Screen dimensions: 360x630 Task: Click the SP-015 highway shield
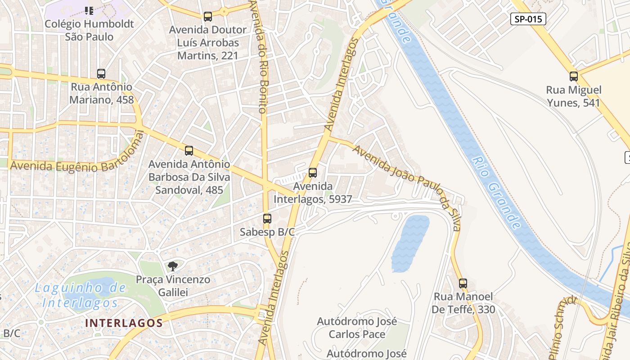point(528,19)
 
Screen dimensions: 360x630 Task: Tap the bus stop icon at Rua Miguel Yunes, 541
point(573,76)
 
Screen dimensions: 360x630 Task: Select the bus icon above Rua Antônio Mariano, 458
point(101,74)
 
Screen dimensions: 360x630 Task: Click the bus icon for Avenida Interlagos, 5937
point(312,173)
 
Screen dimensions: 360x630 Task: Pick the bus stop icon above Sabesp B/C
point(267,219)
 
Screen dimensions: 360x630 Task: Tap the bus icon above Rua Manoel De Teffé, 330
point(463,283)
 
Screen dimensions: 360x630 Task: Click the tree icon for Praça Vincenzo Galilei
point(172,266)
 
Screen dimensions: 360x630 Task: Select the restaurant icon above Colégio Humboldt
point(89,10)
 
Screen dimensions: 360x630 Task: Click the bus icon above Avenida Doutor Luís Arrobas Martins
point(207,17)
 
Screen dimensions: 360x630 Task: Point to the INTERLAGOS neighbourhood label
point(124,323)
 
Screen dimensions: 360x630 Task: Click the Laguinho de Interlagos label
point(80,295)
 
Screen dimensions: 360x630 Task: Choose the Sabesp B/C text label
point(267,232)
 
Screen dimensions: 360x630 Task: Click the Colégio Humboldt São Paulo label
point(89,30)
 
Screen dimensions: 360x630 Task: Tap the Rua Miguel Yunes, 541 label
point(573,96)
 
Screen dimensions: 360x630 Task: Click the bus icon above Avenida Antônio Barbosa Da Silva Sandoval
point(189,151)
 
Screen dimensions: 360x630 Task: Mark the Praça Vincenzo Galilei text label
point(173,286)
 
